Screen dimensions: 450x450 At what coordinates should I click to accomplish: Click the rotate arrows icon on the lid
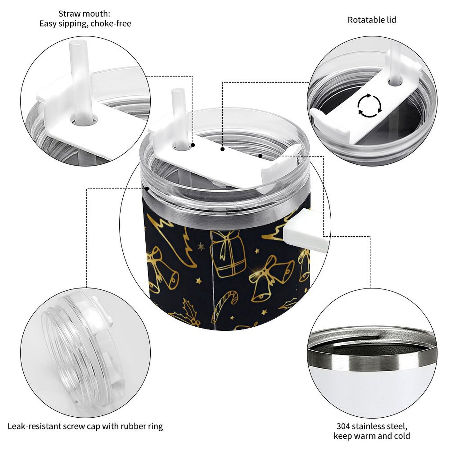point(369,106)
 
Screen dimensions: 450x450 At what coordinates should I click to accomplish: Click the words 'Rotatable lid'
point(372,20)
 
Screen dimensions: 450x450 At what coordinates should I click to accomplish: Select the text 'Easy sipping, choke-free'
point(85,23)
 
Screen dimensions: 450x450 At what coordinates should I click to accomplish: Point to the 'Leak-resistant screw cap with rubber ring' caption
point(85,426)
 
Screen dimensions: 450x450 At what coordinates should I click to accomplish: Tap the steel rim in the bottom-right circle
point(371,358)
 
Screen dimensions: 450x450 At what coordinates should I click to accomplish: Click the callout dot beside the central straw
point(193,145)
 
